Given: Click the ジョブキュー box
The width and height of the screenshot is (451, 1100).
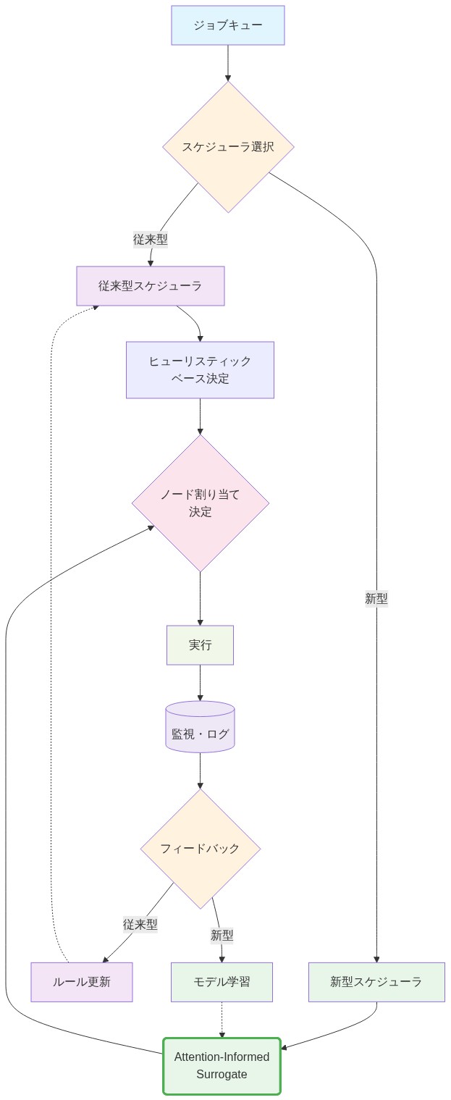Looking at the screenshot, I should (228, 25).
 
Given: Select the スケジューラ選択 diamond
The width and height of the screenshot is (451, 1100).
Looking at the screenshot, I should (228, 147).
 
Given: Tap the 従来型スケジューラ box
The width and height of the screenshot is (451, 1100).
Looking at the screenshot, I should (151, 286).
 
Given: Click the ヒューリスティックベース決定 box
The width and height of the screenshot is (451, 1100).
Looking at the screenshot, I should (200, 370).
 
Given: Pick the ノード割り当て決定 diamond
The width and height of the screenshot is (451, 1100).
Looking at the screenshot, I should (201, 503).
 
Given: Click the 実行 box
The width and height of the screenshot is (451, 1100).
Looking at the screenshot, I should (200, 645).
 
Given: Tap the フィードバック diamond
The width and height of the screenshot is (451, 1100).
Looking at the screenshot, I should (200, 849).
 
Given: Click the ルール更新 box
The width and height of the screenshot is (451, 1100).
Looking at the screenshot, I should (82, 982).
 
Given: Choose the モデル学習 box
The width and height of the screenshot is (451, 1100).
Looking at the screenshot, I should (222, 982).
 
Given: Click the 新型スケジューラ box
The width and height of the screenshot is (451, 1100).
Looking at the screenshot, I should (376, 982).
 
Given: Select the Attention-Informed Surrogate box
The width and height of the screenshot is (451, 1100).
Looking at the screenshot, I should (222, 1066).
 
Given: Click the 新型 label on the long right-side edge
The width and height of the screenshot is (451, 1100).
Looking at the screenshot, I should (376, 599).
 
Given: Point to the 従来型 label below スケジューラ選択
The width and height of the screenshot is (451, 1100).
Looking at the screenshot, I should (151, 239).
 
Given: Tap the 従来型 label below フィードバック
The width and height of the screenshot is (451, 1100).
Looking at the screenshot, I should (140, 924).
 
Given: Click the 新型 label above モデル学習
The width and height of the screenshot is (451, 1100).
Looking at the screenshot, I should (222, 936).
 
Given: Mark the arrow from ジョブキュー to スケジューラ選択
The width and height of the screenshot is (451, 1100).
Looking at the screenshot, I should (228, 63).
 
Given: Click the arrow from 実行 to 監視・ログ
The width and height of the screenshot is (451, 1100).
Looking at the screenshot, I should (200, 682).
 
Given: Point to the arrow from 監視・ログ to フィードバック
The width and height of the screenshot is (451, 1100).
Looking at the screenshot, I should (200, 771).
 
